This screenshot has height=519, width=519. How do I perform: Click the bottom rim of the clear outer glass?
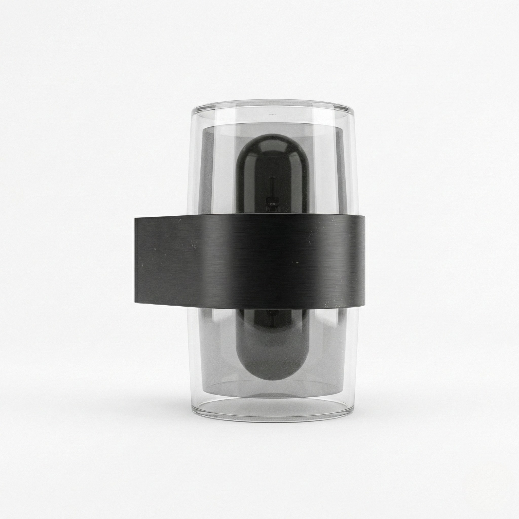(273, 420)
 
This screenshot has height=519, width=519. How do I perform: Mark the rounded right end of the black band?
(364, 261)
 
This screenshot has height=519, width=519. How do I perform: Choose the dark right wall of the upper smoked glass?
(341, 172)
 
